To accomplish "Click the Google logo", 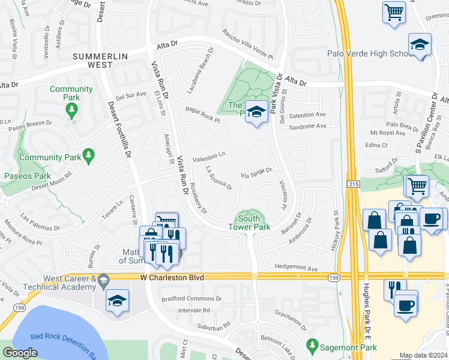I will (x=20, y=353).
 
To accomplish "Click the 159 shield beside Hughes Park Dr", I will (x=334, y=277).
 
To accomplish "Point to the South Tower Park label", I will (x=249, y=223).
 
